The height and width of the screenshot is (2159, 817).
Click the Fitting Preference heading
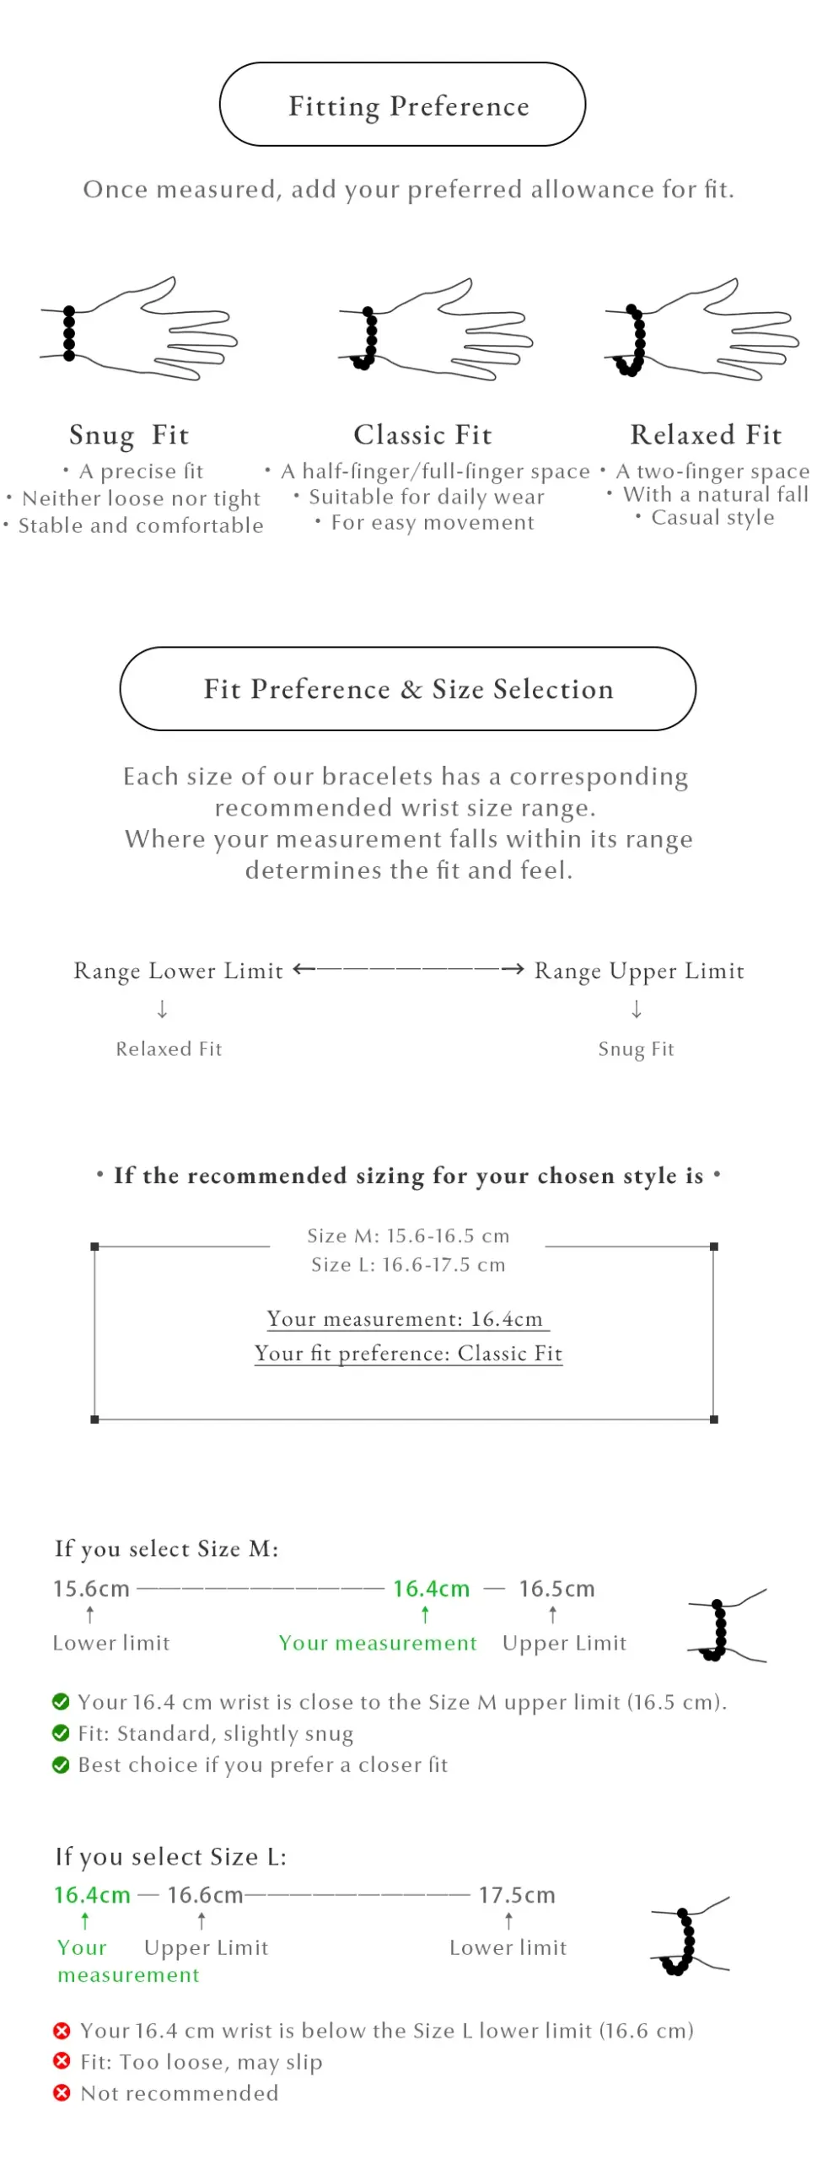pyautogui.click(x=409, y=106)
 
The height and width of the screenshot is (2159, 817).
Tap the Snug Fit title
pyautogui.click(x=129, y=434)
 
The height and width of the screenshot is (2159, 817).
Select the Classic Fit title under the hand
pyautogui.click(x=422, y=434)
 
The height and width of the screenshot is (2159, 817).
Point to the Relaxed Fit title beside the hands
pyautogui.click(x=706, y=434)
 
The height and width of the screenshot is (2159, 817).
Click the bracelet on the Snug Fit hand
pyautogui.click(x=69, y=333)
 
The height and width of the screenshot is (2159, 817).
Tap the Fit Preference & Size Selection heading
pyautogui.click(x=408, y=689)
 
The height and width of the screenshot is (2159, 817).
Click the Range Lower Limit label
pyautogui.click(x=178, y=971)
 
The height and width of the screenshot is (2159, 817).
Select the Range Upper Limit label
pyautogui.click(x=639, y=971)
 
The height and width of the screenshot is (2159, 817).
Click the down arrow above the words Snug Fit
pyautogui.click(x=637, y=1009)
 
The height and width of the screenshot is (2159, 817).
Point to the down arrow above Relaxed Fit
pyautogui.click(x=163, y=1009)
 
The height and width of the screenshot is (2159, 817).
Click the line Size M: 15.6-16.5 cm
pyautogui.click(x=408, y=1236)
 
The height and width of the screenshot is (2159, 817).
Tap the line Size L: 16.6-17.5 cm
pyautogui.click(x=408, y=1264)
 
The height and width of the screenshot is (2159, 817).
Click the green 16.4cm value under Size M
pyautogui.click(x=431, y=1588)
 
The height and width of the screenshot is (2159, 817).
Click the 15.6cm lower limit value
pyautogui.click(x=91, y=1588)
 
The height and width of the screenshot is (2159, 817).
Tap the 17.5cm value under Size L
pyautogui.click(x=517, y=1894)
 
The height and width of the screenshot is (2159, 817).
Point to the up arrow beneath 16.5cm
pyautogui.click(x=553, y=1614)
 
